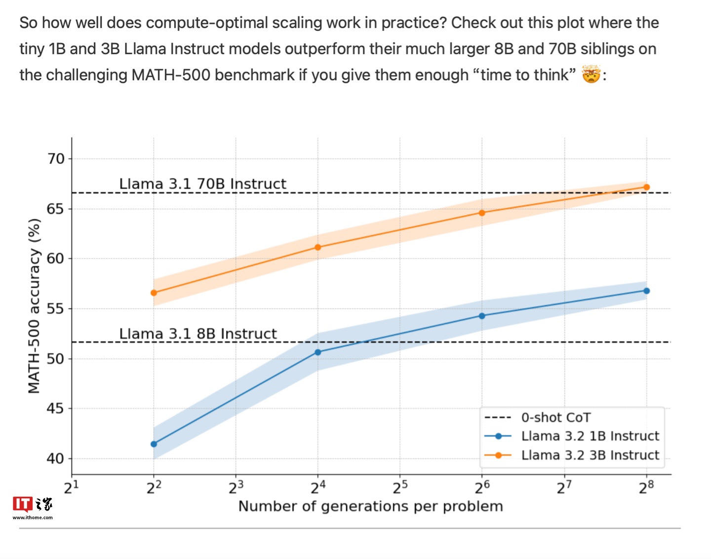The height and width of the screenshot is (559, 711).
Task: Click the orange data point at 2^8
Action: click(x=646, y=187)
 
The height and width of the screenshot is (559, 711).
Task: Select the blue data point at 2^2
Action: click(x=154, y=444)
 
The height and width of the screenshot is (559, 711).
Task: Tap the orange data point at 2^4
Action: click(x=317, y=247)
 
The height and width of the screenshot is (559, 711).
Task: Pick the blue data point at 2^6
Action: click(x=482, y=316)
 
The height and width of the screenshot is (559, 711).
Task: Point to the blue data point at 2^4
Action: click(x=317, y=352)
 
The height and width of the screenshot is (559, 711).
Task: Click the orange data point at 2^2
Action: click(x=154, y=293)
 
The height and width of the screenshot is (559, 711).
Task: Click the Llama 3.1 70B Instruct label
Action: click(x=202, y=184)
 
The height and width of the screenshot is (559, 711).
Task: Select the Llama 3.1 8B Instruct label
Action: click(x=197, y=334)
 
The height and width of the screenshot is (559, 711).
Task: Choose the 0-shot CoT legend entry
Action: click(x=555, y=417)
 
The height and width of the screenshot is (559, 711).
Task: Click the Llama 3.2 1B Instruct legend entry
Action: click(x=590, y=436)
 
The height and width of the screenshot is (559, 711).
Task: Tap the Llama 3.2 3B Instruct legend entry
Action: click(x=590, y=455)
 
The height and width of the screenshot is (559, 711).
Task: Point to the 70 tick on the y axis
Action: click(x=56, y=159)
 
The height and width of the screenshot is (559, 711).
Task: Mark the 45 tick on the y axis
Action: click(x=56, y=409)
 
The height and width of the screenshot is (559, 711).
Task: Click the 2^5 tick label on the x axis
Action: click(x=400, y=487)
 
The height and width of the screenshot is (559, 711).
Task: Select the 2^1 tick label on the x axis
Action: click(x=72, y=487)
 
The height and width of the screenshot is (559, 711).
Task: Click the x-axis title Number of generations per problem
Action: click(x=370, y=506)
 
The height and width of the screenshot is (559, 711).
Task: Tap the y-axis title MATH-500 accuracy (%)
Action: click(x=34, y=306)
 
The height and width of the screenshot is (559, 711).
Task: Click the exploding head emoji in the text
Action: click(x=591, y=75)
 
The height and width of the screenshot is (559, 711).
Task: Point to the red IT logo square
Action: click(x=22, y=504)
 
